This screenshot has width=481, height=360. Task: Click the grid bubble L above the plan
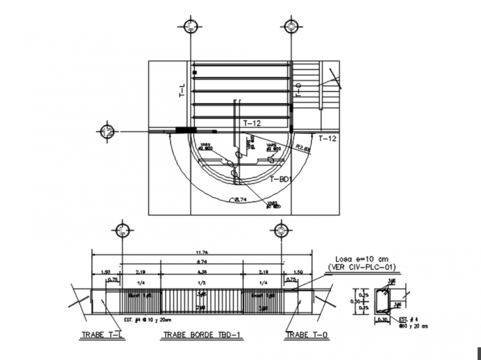click(190, 27)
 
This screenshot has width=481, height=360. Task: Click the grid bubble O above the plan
click(291, 27)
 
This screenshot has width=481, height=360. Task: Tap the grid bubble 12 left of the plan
click(108, 132)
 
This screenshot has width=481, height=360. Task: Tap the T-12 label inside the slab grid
click(252, 124)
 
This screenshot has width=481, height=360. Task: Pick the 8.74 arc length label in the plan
click(240, 199)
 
